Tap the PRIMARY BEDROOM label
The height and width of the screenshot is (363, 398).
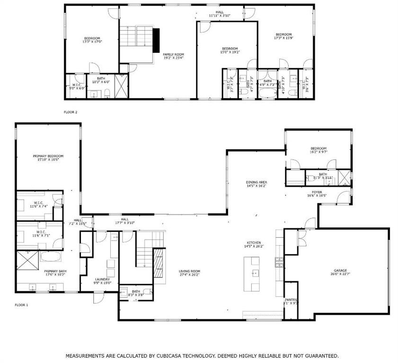click(x=48, y=156)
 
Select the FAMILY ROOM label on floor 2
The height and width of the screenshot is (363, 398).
click(x=173, y=54)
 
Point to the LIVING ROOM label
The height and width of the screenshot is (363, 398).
click(x=189, y=271)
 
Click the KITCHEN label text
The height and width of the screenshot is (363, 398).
click(x=253, y=242)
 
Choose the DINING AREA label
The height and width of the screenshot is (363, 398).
click(x=256, y=182)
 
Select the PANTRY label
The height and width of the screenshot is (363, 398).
click(x=291, y=300)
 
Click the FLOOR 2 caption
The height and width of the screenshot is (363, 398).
click(x=70, y=112)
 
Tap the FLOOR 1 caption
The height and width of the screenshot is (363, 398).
click(x=21, y=305)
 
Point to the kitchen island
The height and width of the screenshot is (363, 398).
click(x=252, y=274)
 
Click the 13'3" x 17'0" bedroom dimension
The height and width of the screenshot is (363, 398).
click(x=92, y=42)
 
